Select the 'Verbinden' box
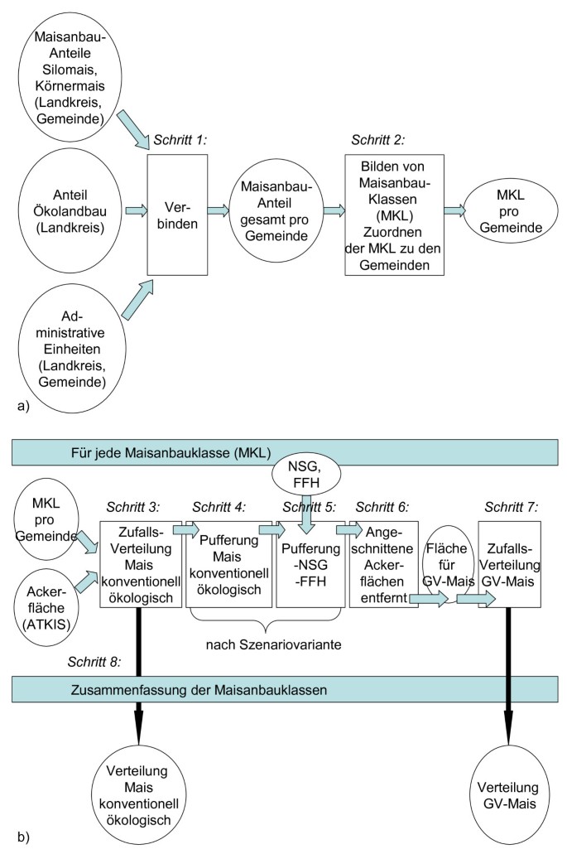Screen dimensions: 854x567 pos(176,216)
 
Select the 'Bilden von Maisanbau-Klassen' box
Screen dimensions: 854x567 pos(393,214)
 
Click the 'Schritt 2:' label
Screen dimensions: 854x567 pos(378,138)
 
